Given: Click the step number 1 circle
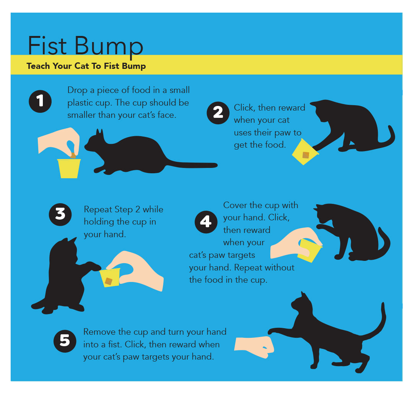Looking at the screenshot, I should (x=40, y=101).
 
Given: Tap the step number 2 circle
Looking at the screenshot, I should (x=218, y=112).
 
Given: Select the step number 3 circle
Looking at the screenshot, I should (x=60, y=214).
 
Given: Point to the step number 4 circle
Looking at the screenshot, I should (x=206, y=221).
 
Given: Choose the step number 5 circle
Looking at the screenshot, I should (x=65, y=340).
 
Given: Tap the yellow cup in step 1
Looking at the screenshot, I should (x=69, y=169).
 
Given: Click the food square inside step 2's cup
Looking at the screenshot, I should (x=306, y=155).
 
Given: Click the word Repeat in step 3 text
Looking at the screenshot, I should (x=97, y=210).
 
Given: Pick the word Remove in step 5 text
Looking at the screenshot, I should (x=99, y=332).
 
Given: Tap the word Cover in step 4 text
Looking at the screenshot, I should (x=234, y=205).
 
